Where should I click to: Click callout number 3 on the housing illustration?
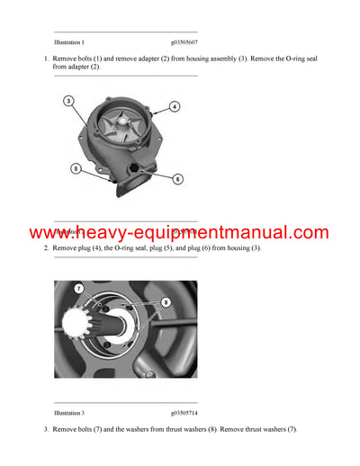[68, 101]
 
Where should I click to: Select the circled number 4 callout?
[174, 106]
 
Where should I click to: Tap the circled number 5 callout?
[76, 168]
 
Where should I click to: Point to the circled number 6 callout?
[177, 179]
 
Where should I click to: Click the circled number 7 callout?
[79, 289]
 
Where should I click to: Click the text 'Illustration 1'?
[69, 42]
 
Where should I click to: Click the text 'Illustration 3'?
[69, 412]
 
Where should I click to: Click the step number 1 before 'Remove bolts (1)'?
[46, 58]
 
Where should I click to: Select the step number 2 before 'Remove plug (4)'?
[46, 247]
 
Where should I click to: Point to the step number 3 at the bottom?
[46, 430]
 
